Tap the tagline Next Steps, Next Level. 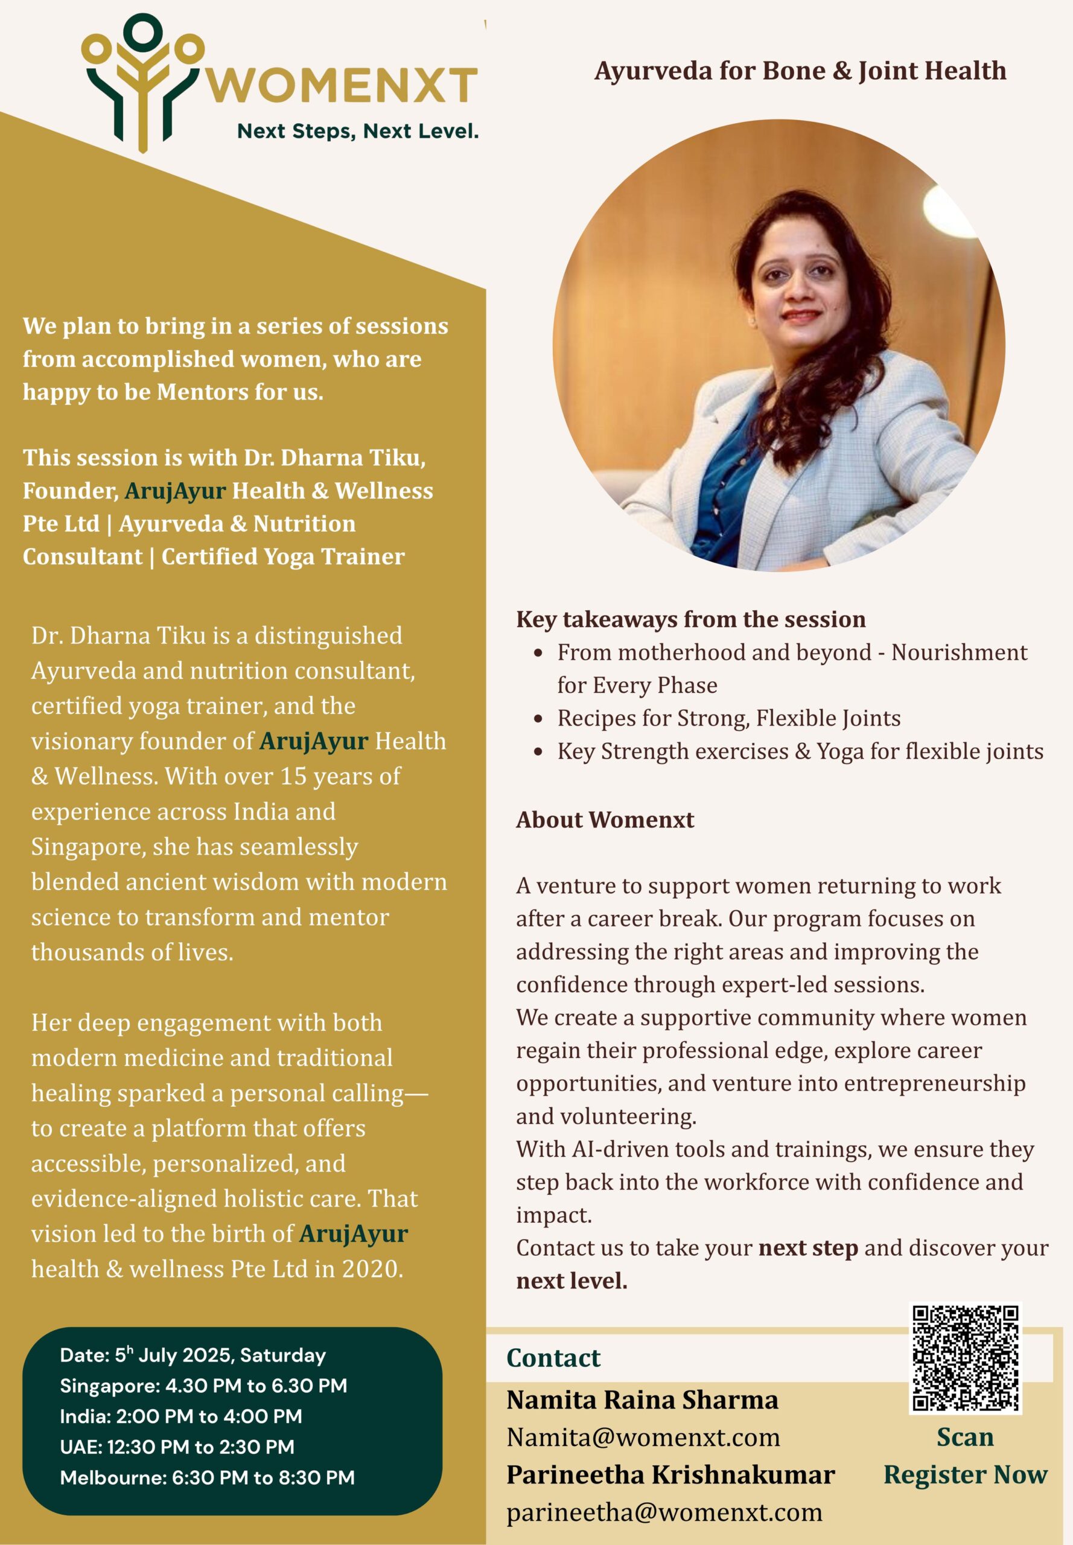coord(358,131)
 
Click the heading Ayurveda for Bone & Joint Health coord(800,71)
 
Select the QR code coord(965,1357)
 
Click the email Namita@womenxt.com coord(643,1438)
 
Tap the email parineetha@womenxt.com coord(664,1512)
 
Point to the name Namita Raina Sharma coord(642,1400)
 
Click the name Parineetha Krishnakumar coord(670,1474)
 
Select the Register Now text coord(965,1474)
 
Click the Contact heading coord(553,1357)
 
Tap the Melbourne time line coord(207,1477)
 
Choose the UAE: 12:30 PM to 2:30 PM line coord(177,1446)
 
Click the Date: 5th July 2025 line coord(193,1355)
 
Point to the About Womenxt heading coord(605,820)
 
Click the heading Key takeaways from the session coord(690,619)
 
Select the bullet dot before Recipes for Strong coord(538,719)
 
